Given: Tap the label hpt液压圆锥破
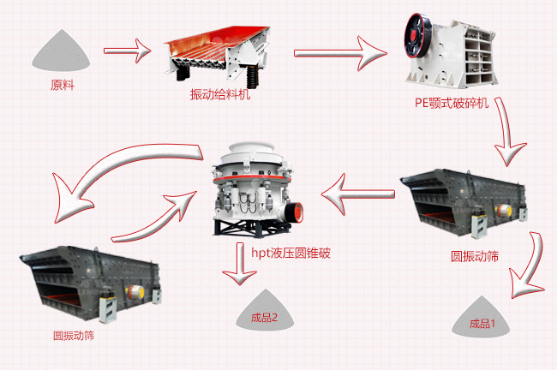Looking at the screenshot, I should tap(290, 254).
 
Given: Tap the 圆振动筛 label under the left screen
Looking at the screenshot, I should tap(74, 335).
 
